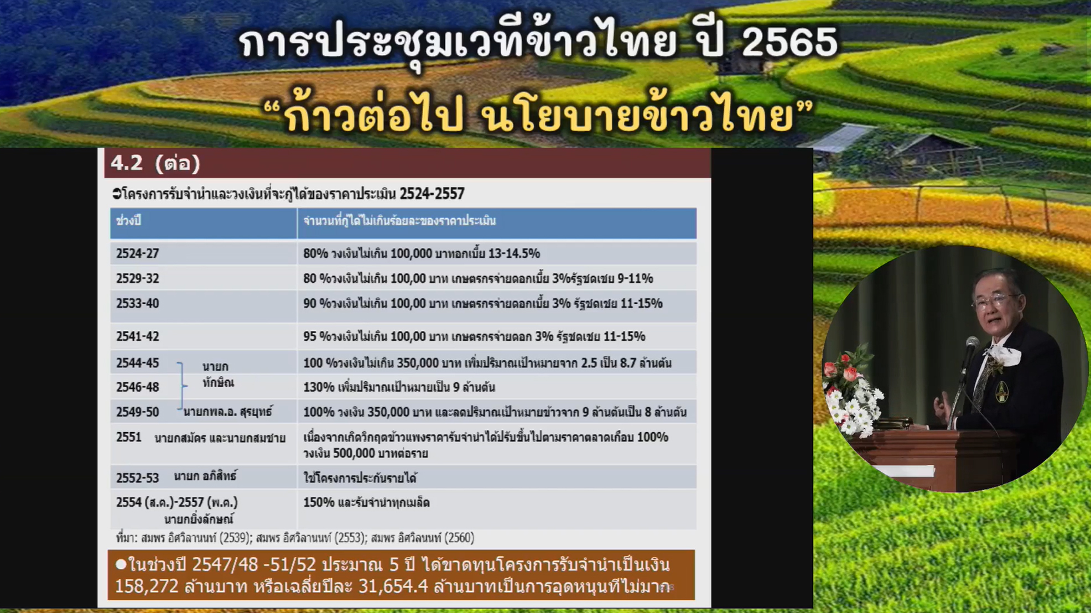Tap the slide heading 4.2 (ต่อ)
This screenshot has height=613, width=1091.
coord(155,163)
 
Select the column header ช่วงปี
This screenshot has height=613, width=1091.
coord(128,221)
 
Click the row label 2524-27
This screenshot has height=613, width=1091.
coord(137,253)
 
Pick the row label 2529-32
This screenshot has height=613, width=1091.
coord(137,278)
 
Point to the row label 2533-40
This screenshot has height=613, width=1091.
coord(137,303)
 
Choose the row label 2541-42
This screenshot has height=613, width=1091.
coord(137,336)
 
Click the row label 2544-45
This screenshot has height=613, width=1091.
coord(137,363)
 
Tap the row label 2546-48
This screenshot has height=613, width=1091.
coord(137,387)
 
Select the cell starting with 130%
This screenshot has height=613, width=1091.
coord(398,387)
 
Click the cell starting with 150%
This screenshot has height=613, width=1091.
coord(366,502)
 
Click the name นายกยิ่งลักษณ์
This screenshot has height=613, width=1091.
coord(199,519)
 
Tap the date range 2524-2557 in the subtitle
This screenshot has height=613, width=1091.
coord(432,194)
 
